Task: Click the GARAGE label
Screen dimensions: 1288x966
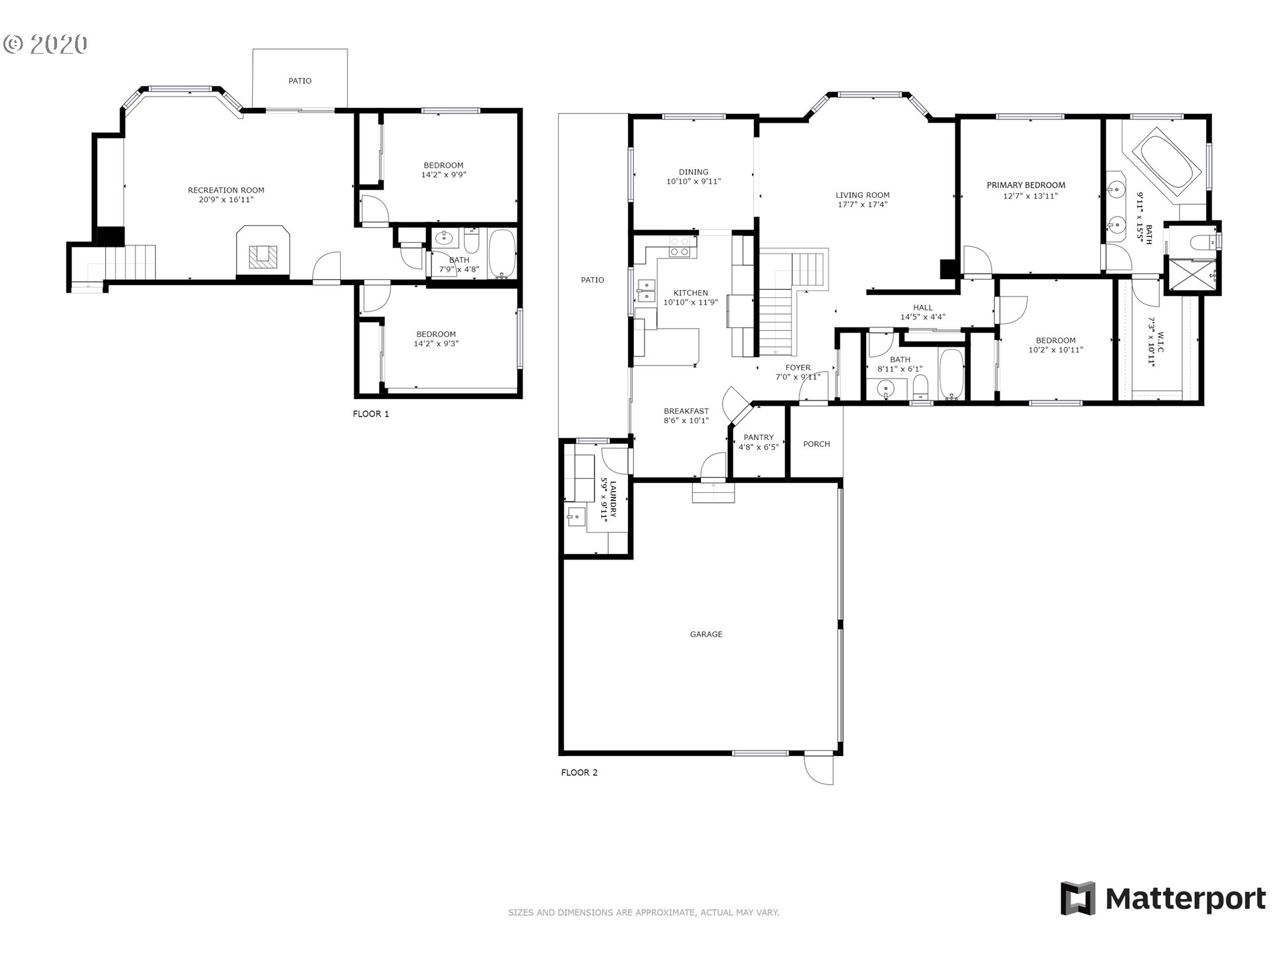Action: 706,634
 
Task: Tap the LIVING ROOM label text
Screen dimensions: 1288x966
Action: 862,195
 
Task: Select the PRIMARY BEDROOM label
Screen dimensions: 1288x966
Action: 1026,185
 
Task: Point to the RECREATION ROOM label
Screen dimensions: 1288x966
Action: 226,190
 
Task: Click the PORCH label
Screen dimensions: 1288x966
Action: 816,444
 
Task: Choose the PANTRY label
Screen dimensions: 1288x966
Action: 759,437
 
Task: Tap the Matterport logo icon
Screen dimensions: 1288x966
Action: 1077,898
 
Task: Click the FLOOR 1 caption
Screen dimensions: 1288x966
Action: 371,414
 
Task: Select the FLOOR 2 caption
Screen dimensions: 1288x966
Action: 580,773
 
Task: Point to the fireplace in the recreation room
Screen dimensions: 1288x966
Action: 263,251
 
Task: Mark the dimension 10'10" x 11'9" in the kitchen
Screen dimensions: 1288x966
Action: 690,303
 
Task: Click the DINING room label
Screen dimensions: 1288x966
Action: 694,172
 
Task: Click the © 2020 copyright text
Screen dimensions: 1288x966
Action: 46,44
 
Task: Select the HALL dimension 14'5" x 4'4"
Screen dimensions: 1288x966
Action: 923,317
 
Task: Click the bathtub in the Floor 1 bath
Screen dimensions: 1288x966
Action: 501,254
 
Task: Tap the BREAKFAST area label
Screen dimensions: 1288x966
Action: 686,411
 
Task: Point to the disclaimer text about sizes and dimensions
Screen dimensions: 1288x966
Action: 643,912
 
